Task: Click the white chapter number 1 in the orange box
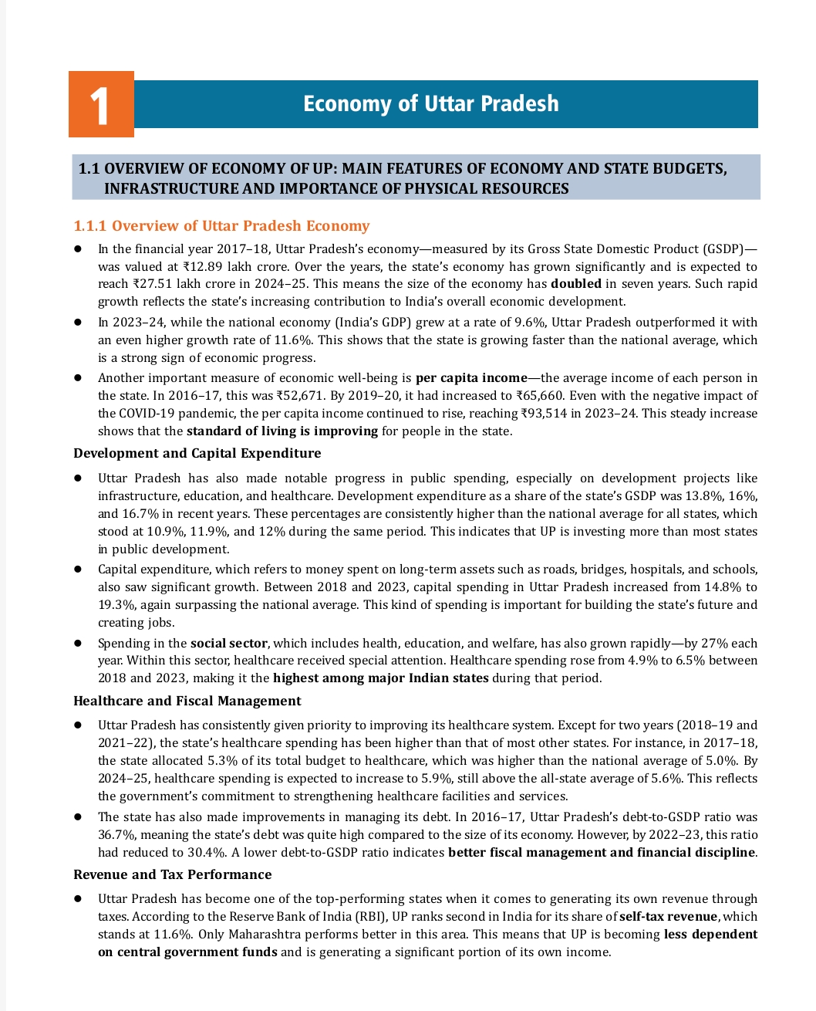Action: coord(100,105)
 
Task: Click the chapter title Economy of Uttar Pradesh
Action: coord(430,103)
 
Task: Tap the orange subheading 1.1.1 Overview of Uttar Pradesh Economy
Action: coord(221,225)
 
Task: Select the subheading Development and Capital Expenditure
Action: coord(197,453)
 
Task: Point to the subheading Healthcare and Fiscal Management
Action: coord(187,701)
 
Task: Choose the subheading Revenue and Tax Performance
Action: coord(172,874)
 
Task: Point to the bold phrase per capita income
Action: coord(471,378)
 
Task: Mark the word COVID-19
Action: coord(148,414)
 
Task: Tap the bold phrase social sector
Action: coord(228,643)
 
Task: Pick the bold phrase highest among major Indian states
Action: coord(380,678)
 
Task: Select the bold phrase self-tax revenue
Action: coord(668,917)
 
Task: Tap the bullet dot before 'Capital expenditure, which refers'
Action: coord(78,570)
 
